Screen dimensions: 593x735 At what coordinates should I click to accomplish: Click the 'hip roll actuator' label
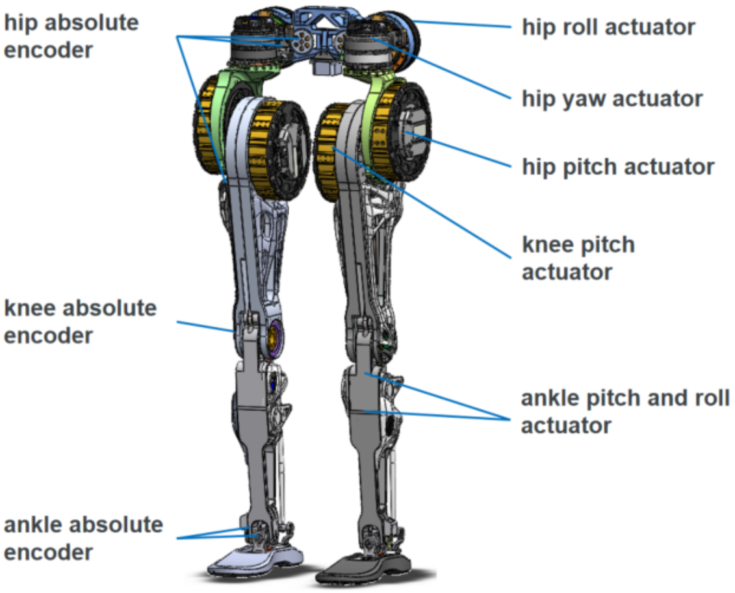[608, 27]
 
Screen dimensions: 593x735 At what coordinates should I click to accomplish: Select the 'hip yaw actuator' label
[612, 99]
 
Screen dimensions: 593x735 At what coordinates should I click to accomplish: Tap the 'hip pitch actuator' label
[618, 167]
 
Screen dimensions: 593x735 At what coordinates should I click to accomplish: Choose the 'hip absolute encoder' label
[71, 36]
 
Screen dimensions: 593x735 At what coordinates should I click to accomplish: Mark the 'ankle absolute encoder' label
[83, 538]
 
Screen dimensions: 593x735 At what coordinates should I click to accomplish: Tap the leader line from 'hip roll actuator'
[468, 25]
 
